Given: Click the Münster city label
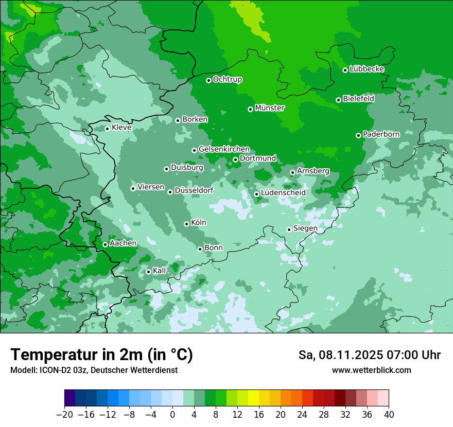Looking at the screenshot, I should click(x=269, y=108).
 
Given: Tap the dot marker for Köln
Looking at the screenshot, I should click(x=186, y=224).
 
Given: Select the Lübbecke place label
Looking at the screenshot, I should click(x=367, y=69).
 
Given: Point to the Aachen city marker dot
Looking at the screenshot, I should click(x=105, y=244).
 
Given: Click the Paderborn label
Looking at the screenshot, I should click(x=381, y=134).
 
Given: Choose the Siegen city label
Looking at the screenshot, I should click(x=305, y=228).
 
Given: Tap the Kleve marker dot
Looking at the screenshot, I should click(x=107, y=129).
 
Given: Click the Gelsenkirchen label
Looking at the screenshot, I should click(x=224, y=149).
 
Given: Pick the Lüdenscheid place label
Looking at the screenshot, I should click(x=283, y=193).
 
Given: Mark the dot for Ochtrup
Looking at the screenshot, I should click(x=208, y=80).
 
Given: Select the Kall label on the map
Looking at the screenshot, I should click(x=160, y=271).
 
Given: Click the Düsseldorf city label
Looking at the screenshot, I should click(x=194, y=190).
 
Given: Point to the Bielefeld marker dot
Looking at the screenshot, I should click(x=338, y=100).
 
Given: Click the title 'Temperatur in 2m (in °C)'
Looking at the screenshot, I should click(x=101, y=355).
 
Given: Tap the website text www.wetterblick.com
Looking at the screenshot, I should click(x=371, y=370).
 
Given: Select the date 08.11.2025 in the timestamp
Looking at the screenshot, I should click(x=345, y=355).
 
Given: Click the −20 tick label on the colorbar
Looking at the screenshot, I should click(x=64, y=415).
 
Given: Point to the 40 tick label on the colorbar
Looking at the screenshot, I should click(x=389, y=415).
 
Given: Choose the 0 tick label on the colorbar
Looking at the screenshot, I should click(x=172, y=415).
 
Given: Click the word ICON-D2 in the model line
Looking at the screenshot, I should click(x=53, y=370).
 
